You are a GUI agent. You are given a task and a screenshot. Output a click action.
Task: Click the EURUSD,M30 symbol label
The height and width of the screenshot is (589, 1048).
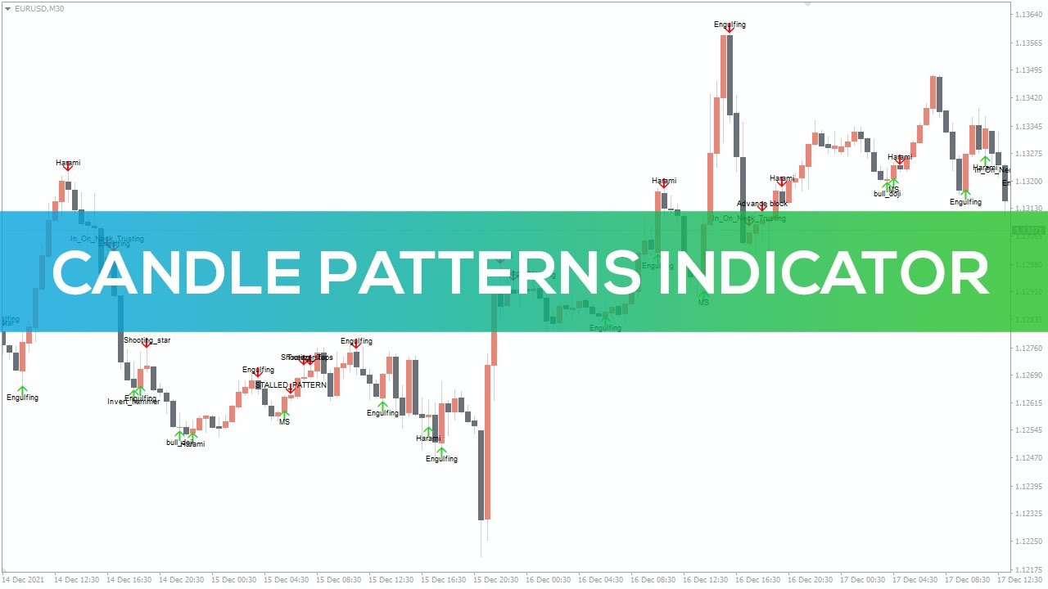point(39,8)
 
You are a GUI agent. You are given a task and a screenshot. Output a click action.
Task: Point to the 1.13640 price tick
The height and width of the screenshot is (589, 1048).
point(1029,14)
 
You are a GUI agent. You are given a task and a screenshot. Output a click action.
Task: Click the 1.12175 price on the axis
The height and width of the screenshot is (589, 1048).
point(1029,569)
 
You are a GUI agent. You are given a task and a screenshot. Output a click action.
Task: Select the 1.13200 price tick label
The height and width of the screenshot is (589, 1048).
point(1029,182)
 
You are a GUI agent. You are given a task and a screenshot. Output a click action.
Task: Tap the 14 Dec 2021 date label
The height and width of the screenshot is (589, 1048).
point(23,580)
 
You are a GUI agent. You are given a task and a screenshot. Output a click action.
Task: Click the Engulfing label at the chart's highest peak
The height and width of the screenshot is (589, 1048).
point(730,25)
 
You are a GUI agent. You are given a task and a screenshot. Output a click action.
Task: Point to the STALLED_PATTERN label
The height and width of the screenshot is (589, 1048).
point(291,384)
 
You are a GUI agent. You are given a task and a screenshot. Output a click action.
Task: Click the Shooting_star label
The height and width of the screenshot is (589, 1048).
point(147,340)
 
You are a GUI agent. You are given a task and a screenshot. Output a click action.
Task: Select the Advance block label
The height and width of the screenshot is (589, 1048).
point(762,204)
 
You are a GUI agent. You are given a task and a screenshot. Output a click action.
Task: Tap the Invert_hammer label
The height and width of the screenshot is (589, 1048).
point(133,402)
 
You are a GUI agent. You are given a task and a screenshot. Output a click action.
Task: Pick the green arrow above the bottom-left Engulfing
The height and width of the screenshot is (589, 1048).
point(22,390)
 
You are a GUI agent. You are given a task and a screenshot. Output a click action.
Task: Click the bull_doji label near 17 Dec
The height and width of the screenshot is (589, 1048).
point(887,194)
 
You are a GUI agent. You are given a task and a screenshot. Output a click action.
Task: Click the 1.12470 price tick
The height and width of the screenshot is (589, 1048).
point(1029,458)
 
